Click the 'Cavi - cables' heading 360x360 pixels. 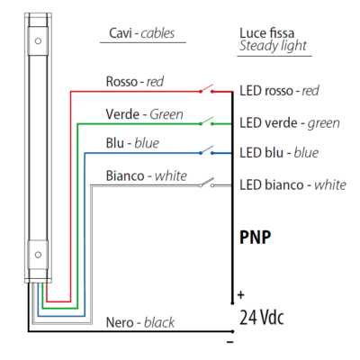[136, 35]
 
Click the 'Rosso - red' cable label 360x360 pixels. [136, 81]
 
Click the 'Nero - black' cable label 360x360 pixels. [140, 322]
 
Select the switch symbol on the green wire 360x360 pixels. [210, 121]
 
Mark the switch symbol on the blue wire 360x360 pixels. [210, 152]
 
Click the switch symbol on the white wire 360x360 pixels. [210, 184]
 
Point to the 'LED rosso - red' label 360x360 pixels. [279, 91]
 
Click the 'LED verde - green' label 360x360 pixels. [289, 121]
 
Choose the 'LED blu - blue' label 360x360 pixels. [279, 153]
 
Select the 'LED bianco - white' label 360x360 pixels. [292, 184]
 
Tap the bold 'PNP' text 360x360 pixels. [256, 238]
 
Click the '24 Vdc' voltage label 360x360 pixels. [262, 317]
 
